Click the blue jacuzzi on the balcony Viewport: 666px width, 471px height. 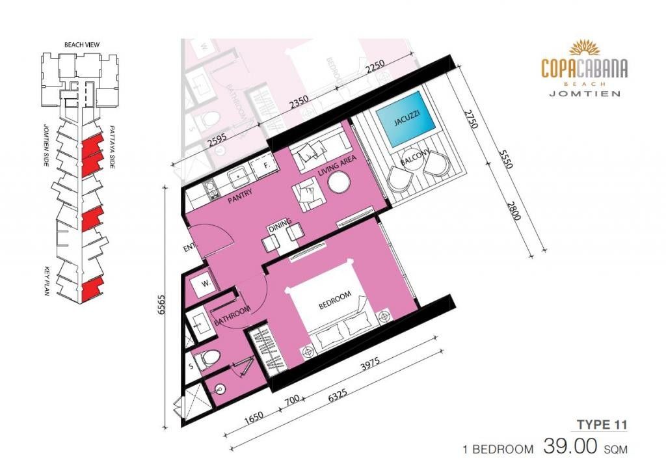coord(406,119)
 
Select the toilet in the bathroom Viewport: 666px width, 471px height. coord(210,360)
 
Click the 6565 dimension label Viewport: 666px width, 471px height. coord(161,304)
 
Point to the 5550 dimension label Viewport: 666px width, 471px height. coord(506,159)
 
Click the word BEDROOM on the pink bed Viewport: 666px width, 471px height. coord(335,300)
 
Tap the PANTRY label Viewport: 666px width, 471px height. coord(240,196)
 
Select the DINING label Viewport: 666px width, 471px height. coord(280,224)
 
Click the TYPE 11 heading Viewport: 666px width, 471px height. coord(602,424)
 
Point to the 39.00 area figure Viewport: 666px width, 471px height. coord(570,447)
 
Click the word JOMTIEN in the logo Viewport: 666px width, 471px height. coord(585,94)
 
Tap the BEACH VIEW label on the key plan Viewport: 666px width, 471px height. coord(82,45)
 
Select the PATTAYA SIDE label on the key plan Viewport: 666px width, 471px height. coord(112,146)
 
